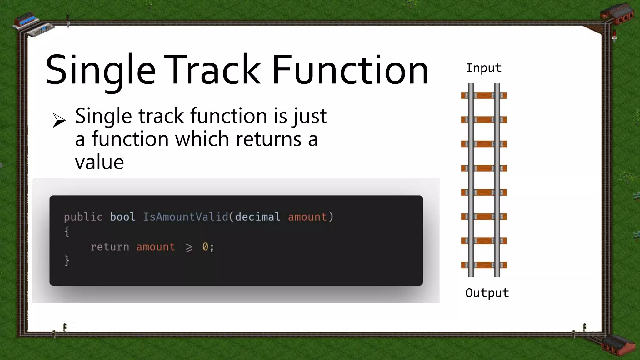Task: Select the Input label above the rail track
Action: pyautogui.click(x=483, y=68)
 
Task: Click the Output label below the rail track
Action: pyautogui.click(x=487, y=293)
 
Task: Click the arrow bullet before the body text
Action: pyautogui.click(x=59, y=120)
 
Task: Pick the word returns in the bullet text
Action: pyautogui.click(x=268, y=139)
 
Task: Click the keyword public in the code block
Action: pyautogui.click(x=83, y=217)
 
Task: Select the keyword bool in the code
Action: pyautogui.click(x=122, y=217)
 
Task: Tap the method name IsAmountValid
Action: pyautogui.click(x=186, y=217)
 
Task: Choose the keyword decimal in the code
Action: pyautogui.click(x=257, y=217)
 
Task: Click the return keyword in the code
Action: pyautogui.click(x=109, y=247)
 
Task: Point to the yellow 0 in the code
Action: pyautogui.click(x=205, y=247)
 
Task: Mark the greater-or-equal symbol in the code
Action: pyautogui.click(x=189, y=247)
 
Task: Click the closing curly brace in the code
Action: pyautogui.click(x=67, y=261)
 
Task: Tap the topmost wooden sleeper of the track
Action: pyautogui.click(x=484, y=95)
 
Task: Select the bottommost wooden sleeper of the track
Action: pyautogui.click(x=484, y=265)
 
